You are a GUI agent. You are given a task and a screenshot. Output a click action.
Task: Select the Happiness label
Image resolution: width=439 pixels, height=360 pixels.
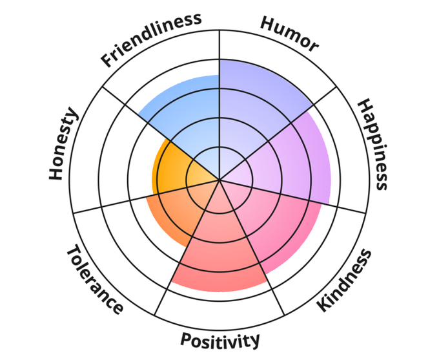[373, 143]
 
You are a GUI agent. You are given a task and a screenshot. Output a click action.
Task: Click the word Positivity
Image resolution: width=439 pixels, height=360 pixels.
[219, 339]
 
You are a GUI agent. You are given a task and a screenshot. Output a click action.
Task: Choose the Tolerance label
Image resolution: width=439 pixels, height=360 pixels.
[94, 279]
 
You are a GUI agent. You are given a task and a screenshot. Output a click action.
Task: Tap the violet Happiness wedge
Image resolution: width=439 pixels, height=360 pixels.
[297, 162]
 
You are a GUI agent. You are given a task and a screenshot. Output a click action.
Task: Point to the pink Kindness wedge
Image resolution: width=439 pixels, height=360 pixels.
[278, 226]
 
